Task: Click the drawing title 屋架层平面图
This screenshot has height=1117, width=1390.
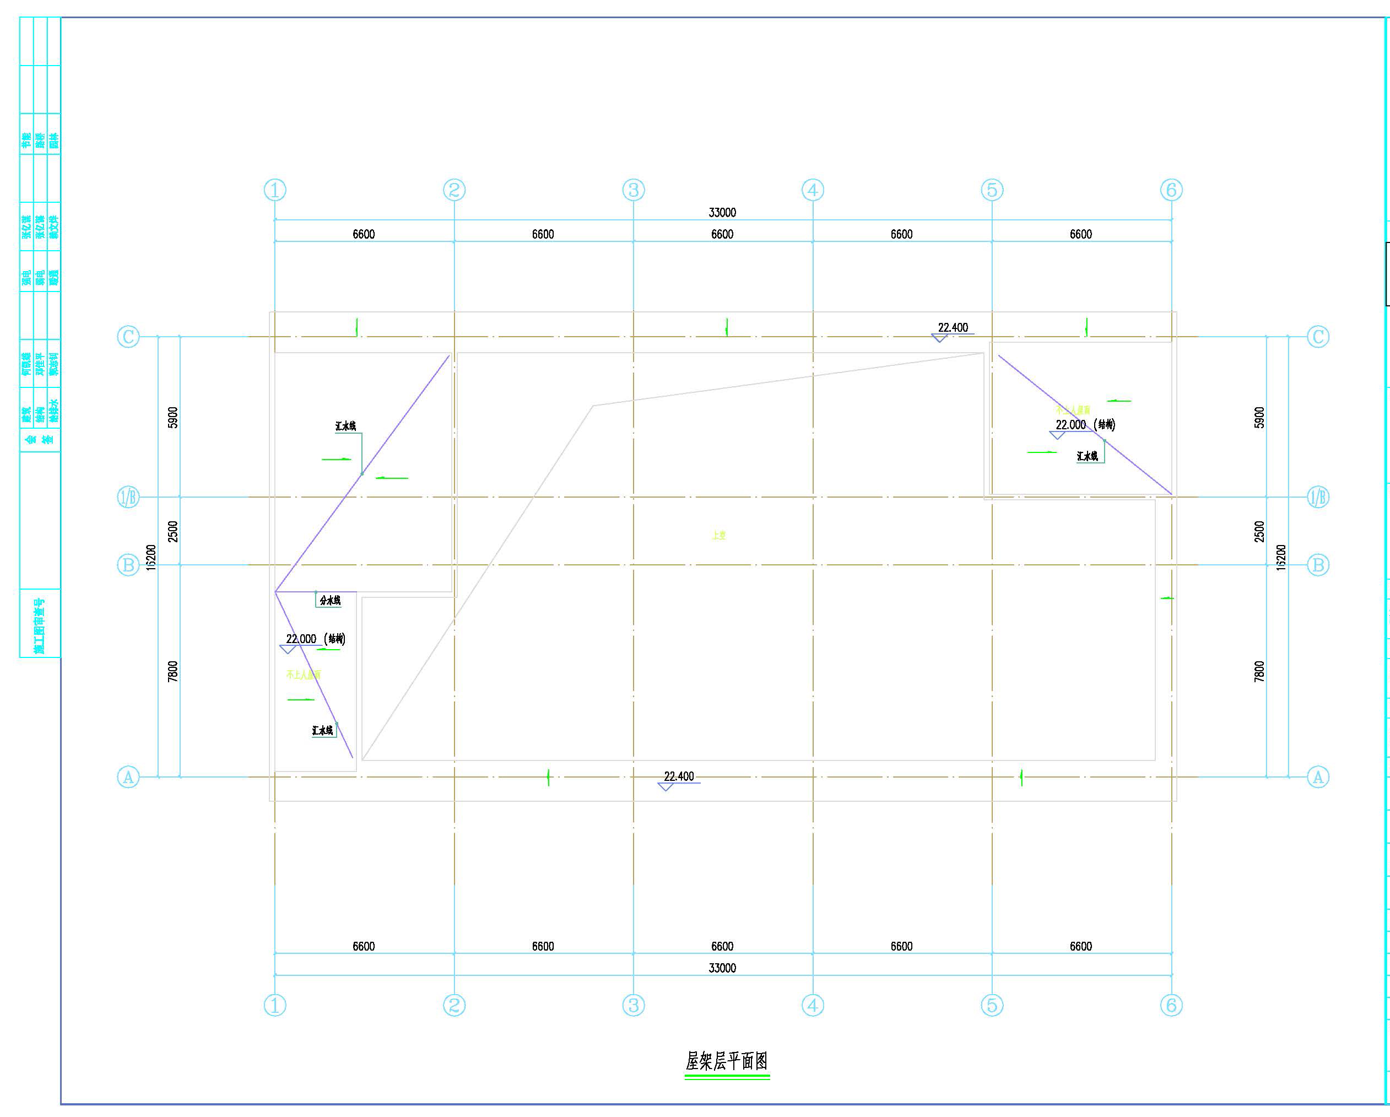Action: [727, 1061]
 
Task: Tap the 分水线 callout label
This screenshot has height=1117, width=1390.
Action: [329, 601]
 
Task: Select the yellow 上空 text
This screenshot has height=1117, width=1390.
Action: [719, 535]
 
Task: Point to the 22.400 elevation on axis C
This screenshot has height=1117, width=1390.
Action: [953, 328]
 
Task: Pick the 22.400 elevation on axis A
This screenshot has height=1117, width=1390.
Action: [679, 776]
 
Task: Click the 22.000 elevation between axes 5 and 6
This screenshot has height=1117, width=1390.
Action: [1071, 425]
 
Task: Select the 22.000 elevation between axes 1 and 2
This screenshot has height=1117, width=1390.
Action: [301, 639]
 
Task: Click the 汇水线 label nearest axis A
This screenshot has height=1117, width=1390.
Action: [322, 731]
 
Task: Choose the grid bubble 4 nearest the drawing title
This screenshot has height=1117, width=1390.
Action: [812, 1005]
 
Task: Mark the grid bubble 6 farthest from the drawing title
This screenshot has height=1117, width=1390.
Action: [1171, 190]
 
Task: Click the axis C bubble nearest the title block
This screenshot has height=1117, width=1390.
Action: [128, 337]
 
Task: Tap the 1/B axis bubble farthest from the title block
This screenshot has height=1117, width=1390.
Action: [1318, 497]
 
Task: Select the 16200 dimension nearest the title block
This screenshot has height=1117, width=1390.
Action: [151, 557]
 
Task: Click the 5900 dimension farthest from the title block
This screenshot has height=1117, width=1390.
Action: [1259, 417]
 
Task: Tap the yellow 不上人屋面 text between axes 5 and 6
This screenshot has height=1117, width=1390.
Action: [1073, 409]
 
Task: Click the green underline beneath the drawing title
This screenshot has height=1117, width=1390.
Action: [727, 1077]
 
